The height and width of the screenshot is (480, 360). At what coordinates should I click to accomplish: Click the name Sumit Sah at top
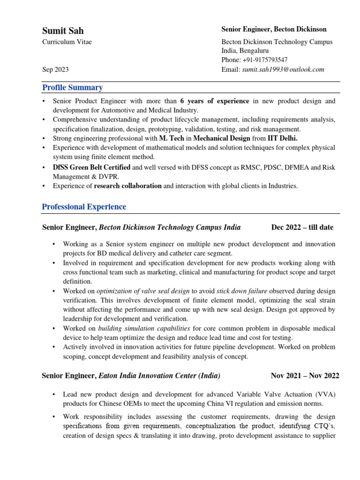tap(63, 30)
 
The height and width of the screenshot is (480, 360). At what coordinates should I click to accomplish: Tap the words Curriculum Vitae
tap(67, 42)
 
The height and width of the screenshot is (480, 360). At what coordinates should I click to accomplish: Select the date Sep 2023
tap(55, 69)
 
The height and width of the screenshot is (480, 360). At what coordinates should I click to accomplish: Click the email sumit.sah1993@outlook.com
tap(283, 69)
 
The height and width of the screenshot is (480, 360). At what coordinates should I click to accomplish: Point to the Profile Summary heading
tap(72, 88)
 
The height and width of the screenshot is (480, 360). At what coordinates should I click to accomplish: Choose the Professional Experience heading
tap(84, 207)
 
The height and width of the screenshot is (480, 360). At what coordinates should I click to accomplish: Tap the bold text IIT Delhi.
tap(282, 138)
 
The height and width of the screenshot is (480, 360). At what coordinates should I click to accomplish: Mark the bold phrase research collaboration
tap(127, 186)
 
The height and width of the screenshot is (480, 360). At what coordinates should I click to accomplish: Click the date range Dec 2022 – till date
tap(302, 227)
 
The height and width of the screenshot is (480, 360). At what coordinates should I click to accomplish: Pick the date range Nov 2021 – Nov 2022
tap(305, 376)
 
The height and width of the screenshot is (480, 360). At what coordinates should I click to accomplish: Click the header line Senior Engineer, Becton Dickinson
tap(274, 30)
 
